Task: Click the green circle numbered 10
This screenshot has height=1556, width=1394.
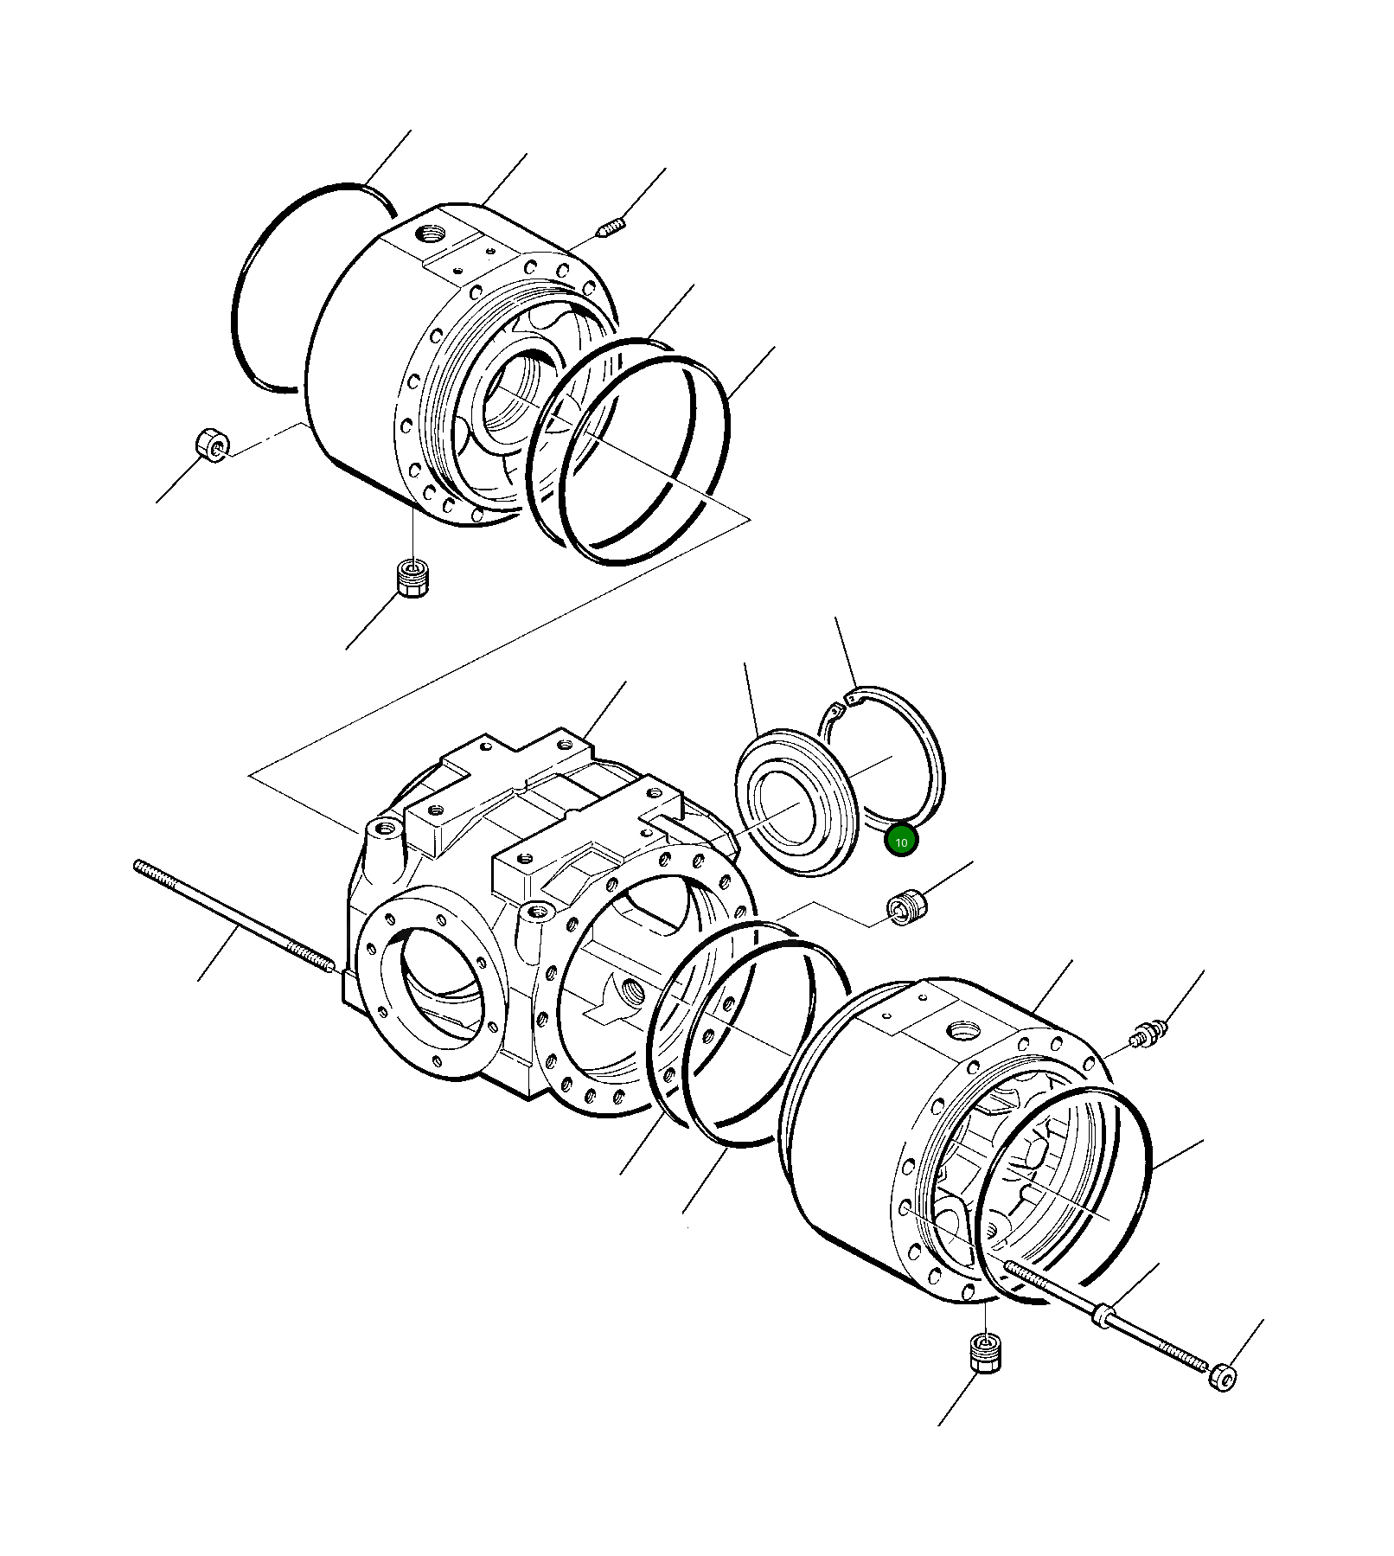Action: coord(901,841)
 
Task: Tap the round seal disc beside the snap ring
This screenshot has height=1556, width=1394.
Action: coord(796,801)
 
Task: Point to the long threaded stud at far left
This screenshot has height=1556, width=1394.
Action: coord(233,917)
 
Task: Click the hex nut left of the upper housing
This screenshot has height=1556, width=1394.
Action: coord(211,445)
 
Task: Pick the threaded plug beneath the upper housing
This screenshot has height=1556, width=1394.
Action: coord(414,577)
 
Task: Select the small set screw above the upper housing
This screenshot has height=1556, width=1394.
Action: coord(611,228)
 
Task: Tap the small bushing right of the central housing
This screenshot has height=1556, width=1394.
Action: coord(907,906)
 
